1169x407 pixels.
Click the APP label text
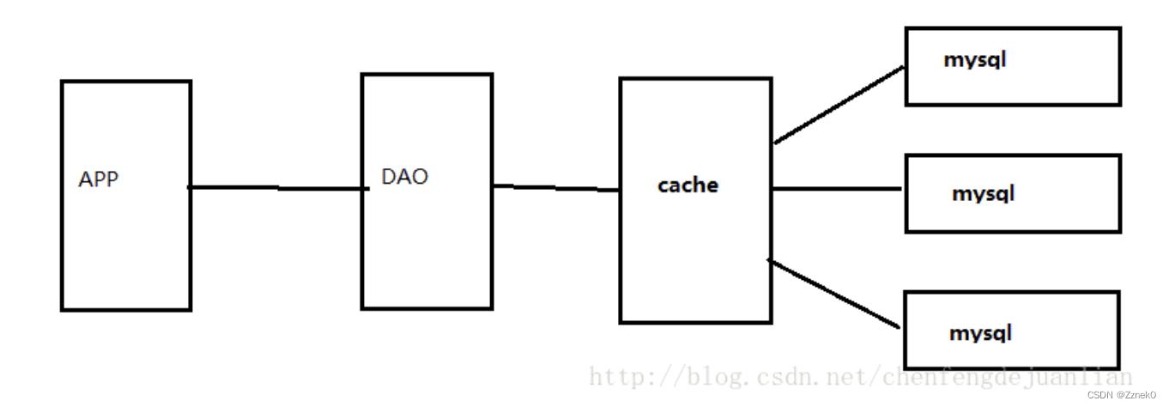(x=98, y=180)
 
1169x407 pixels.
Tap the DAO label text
(x=404, y=177)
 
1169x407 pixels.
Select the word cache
(x=687, y=185)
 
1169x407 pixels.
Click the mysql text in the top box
(x=974, y=60)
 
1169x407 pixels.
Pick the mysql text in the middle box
(x=983, y=193)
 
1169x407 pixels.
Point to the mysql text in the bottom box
(x=980, y=332)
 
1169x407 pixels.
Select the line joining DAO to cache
(x=556, y=188)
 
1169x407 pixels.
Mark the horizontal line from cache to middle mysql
(x=837, y=189)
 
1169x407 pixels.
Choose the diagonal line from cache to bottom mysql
(x=834, y=294)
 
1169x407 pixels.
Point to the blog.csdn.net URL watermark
(x=858, y=377)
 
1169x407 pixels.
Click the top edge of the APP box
(x=125, y=82)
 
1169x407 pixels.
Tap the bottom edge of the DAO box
(x=427, y=307)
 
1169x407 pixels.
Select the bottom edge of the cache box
(x=694, y=322)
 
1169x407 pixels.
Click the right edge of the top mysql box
(x=1119, y=66)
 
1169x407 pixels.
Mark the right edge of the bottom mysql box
(x=1118, y=330)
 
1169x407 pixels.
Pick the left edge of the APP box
(x=62, y=196)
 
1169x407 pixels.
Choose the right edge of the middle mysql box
(x=1119, y=193)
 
